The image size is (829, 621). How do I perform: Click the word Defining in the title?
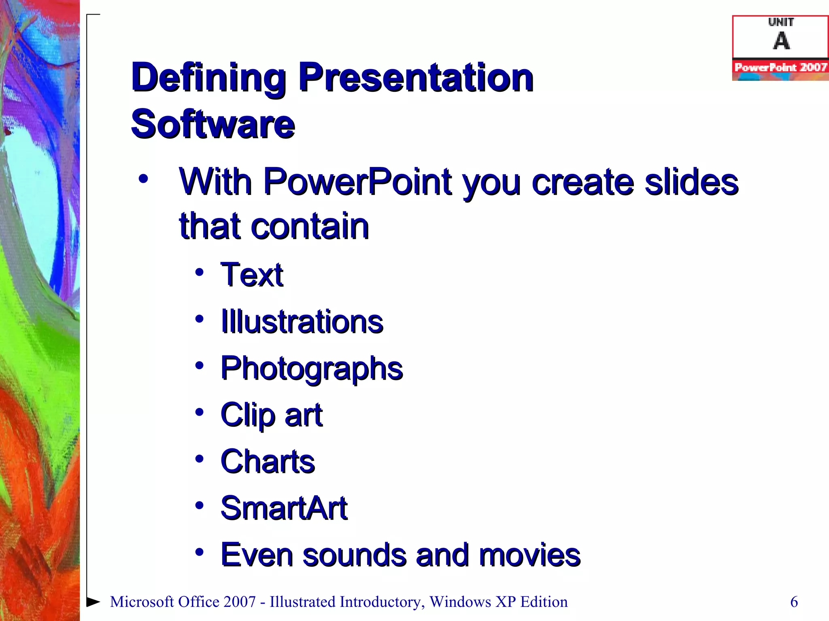click(x=208, y=78)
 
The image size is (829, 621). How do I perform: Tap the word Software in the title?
click(x=213, y=124)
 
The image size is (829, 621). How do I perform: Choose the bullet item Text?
click(x=252, y=275)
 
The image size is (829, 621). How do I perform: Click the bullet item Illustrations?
click(x=302, y=322)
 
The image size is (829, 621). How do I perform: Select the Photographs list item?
click(x=312, y=369)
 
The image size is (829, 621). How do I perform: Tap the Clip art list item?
click(x=272, y=415)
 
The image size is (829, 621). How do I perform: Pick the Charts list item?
click(x=268, y=462)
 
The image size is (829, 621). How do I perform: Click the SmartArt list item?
click(x=284, y=508)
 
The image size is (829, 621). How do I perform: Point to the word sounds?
click(x=354, y=555)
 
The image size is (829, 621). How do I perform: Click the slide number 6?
click(x=794, y=602)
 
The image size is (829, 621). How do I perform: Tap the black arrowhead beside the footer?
click(x=93, y=602)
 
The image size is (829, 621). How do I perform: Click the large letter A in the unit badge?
click(x=781, y=41)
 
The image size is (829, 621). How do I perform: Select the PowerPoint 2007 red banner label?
click(x=780, y=67)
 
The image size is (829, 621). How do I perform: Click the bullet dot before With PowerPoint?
click(x=143, y=178)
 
